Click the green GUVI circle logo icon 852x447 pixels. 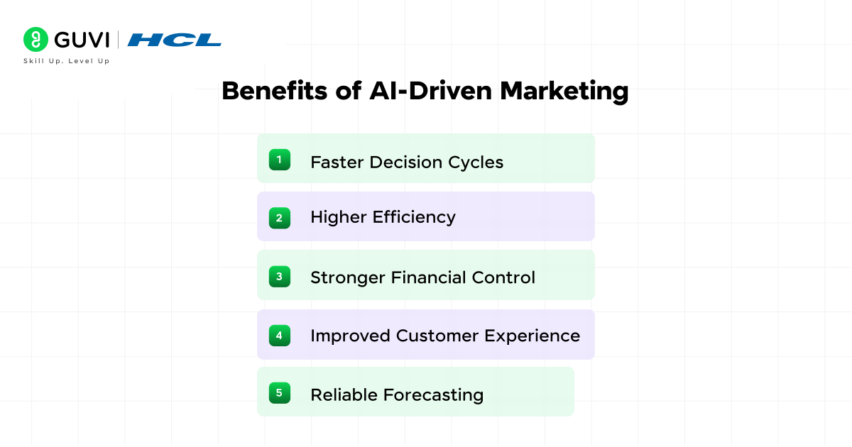(35, 39)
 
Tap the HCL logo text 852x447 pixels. (175, 40)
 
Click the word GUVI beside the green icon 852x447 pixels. (80, 39)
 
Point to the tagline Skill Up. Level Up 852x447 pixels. (67, 61)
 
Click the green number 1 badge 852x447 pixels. (279, 160)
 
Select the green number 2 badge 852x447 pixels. (279, 218)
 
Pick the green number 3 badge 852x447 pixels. (279, 276)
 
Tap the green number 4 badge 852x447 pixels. (279, 335)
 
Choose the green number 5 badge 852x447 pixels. (279, 392)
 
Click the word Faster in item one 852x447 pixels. (337, 162)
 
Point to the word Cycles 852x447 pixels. (476, 162)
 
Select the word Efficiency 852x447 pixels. (414, 217)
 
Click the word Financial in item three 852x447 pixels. (431, 277)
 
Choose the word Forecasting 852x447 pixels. (433, 394)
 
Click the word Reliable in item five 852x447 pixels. (344, 394)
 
